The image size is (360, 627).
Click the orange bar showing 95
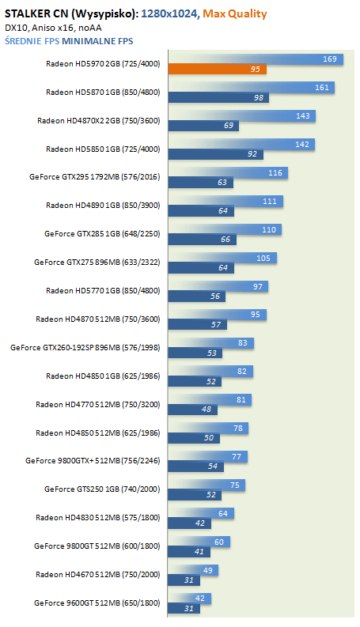click(x=218, y=69)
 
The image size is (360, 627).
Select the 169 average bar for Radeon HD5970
click(x=256, y=59)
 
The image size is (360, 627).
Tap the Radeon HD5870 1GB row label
click(x=103, y=92)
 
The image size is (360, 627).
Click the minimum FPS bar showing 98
click(x=218, y=97)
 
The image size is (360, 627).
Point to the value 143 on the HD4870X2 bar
click(x=303, y=116)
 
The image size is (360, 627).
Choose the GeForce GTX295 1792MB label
click(x=94, y=177)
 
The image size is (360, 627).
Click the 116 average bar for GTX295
click(x=228, y=173)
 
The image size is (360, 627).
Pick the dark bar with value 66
click(x=202, y=240)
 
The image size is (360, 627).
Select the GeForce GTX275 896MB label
click(x=97, y=263)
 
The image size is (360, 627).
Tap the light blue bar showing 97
click(x=218, y=287)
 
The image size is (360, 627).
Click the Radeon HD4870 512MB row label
click(x=97, y=319)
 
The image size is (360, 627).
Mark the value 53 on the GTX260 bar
click(x=211, y=353)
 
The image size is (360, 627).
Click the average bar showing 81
click(x=210, y=400)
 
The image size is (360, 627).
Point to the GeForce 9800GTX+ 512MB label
click(x=93, y=461)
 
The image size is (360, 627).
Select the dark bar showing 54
click(x=195, y=466)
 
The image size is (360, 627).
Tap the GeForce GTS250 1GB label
click(x=102, y=489)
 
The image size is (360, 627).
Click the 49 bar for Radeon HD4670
click(x=193, y=570)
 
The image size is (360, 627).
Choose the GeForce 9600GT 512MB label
click(x=97, y=603)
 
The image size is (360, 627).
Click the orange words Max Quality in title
click(x=235, y=14)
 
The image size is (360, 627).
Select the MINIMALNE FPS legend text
click(x=97, y=41)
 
